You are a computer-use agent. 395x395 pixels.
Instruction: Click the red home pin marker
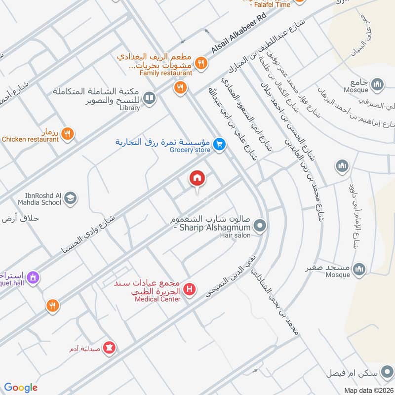(x=197, y=178)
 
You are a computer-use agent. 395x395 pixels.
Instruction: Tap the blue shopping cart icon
(x=220, y=144)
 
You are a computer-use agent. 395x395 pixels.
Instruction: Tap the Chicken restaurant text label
(x=30, y=140)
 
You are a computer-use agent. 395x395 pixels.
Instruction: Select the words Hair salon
(x=235, y=236)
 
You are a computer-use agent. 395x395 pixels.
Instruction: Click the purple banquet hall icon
(x=33, y=277)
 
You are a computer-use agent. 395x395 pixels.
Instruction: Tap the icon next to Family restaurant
(x=200, y=63)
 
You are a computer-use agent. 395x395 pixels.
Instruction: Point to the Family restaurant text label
(x=165, y=73)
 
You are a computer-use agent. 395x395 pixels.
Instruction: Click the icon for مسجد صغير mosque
(x=359, y=269)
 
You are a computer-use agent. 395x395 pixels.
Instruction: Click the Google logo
(x=21, y=388)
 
